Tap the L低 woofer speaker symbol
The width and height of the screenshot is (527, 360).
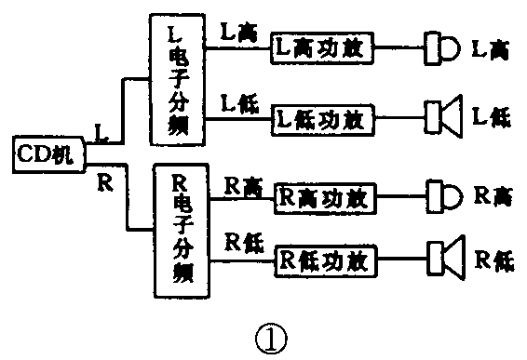point(441,118)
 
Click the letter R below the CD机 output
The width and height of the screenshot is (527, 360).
point(104,179)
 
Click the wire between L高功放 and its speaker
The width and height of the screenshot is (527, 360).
point(399,47)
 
